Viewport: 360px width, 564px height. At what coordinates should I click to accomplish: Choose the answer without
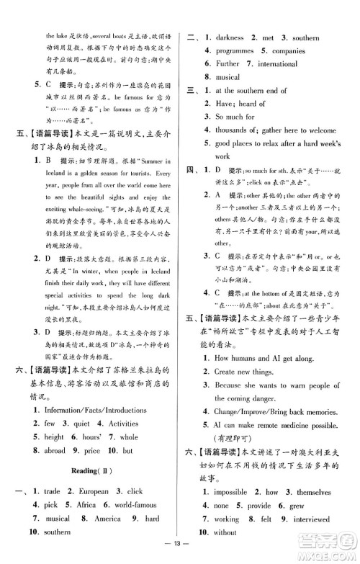[225, 532]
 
